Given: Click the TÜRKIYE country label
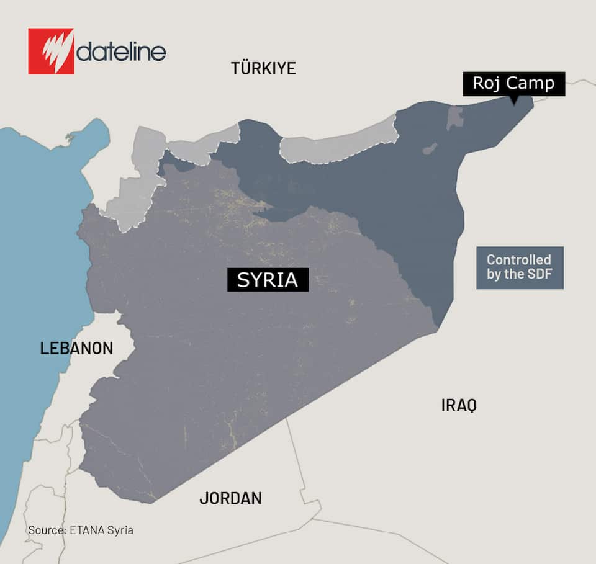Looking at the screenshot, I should pos(263,68).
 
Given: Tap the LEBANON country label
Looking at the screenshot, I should pos(76,348).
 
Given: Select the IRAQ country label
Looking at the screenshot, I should pos(459,406).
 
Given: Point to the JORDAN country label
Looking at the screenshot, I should pos(230,498).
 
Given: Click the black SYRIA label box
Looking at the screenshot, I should pos(268,280).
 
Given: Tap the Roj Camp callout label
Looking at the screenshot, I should pos(513,83).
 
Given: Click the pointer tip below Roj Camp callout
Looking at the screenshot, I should pos(513,103).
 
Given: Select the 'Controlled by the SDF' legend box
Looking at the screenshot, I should pos(520,267).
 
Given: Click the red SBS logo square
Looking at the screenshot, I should pos(51,51).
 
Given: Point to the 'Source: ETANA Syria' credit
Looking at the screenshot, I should pos(81,530).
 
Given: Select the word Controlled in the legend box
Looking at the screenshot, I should pos(519,260).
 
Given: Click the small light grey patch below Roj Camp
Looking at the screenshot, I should pos(454,117).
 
